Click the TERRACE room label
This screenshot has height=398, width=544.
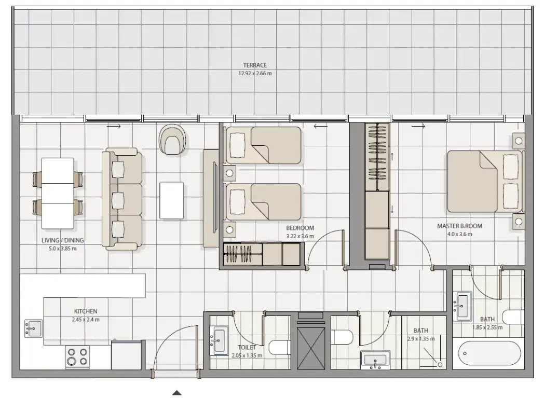[254, 65]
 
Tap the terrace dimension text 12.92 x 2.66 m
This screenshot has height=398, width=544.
[254, 74]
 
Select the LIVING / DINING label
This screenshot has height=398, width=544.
[63, 241]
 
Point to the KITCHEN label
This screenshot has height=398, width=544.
[86, 311]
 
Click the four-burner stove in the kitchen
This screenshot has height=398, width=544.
[77, 357]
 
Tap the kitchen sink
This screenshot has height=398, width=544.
[33, 328]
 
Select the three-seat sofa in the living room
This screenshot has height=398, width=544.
[123, 199]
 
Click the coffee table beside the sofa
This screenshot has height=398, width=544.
[171, 200]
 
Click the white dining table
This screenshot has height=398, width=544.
[57, 193]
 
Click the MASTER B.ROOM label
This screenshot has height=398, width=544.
[459, 226]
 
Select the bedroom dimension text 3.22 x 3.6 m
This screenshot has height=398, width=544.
[301, 236]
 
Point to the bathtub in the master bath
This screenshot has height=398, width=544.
[490, 353]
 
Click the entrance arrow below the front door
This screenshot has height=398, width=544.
[177, 393]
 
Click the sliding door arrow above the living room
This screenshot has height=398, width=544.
[115, 126]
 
